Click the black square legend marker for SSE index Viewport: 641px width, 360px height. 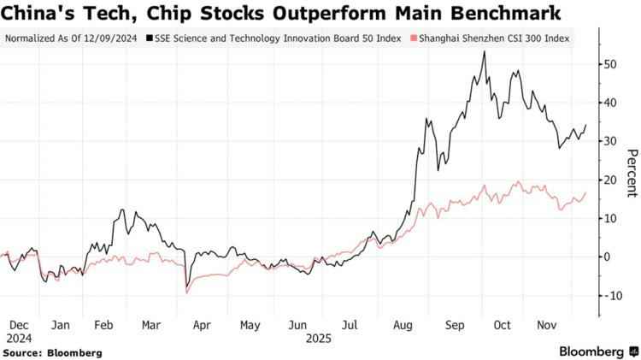pyautogui.click(x=150, y=38)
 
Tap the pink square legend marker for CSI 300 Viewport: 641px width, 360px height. pyautogui.click(x=415, y=38)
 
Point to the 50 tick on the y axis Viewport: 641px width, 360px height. pyautogui.click(x=610, y=64)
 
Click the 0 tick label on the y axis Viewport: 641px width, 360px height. pyautogui.click(x=607, y=257)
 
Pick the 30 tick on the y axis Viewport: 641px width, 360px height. pyautogui.click(x=610, y=141)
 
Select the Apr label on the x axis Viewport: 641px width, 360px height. pyautogui.click(x=203, y=325)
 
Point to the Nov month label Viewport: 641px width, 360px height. pyautogui.click(x=545, y=325)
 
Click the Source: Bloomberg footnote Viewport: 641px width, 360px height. pyautogui.click(x=53, y=352)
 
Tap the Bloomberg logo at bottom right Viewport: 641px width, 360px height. pyautogui.click(x=591, y=351)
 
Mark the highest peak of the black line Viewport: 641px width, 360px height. pyautogui.click(x=485, y=51)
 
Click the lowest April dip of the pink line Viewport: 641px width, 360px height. pyautogui.click(x=187, y=293)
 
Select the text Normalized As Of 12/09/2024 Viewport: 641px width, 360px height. pyautogui.click(x=72, y=38)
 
